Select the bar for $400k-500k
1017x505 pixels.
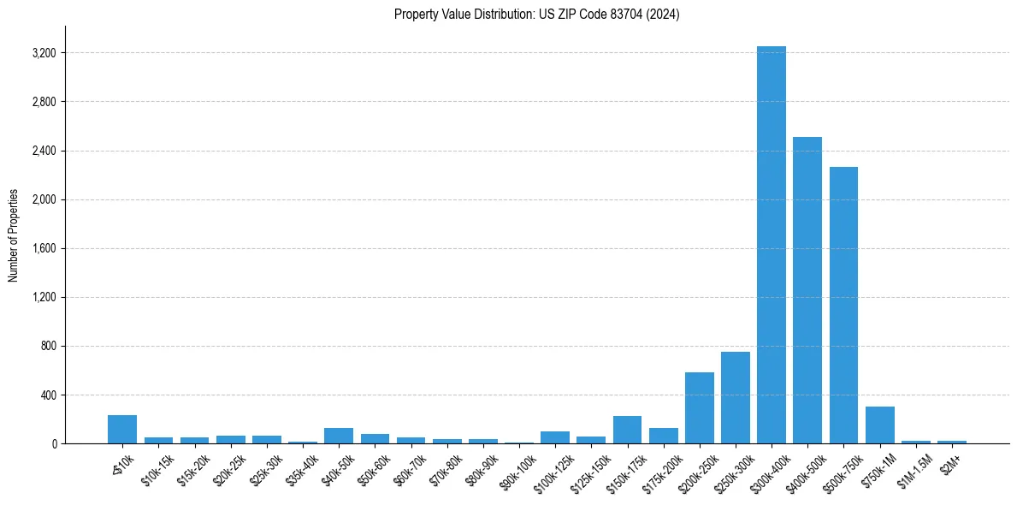click(807, 290)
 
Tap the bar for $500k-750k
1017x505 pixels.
click(843, 305)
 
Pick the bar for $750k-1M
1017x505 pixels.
click(879, 425)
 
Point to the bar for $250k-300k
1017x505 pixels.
click(735, 398)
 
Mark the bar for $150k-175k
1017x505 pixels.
click(627, 430)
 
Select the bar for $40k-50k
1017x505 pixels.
click(339, 436)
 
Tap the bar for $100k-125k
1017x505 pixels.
click(555, 437)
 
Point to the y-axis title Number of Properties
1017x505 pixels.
click(14, 235)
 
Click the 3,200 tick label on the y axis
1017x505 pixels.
click(43, 53)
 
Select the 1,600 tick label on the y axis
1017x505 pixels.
click(43, 249)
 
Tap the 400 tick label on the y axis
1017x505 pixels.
click(48, 395)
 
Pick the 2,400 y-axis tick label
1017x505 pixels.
click(43, 151)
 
